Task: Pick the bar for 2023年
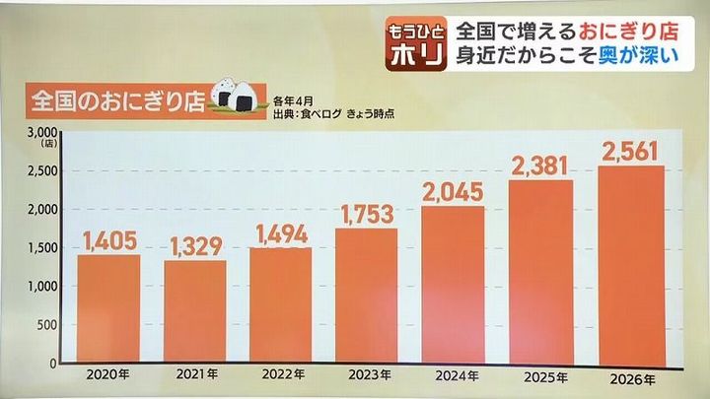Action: pos(368,296)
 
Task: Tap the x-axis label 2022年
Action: pos(281,374)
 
